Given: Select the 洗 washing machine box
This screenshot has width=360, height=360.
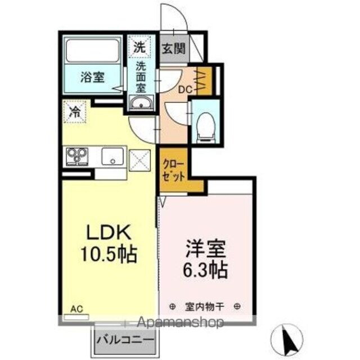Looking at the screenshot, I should point(138,48).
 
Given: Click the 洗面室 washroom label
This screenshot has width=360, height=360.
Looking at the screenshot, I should point(141,76).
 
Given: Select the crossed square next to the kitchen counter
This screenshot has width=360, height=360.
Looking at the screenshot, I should point(139,159).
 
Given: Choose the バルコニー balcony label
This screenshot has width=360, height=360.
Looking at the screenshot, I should point(124,340).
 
